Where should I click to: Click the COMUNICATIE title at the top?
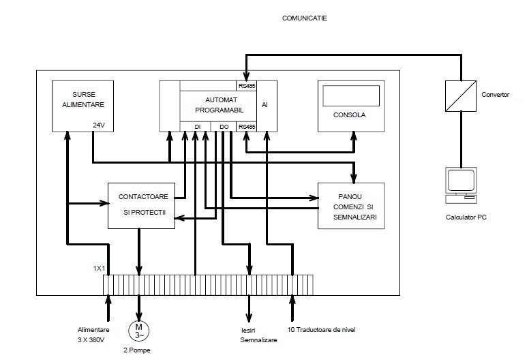tap(304, 18)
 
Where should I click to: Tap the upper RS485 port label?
tap(246, 86)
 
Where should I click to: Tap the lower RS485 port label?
tap(246, 126)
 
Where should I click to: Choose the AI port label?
tap(265, 106)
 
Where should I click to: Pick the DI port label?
tap(197, 126)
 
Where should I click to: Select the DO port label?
tap(224, 126)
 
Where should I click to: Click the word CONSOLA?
tap(351, 115)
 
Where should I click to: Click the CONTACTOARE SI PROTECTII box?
tap(142, 205)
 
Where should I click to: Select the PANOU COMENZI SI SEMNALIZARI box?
tap(351, 205)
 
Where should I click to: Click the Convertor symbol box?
tap(459, 95)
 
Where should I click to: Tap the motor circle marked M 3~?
tap(139, 331)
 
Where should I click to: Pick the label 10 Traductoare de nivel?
tap(322, 330)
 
